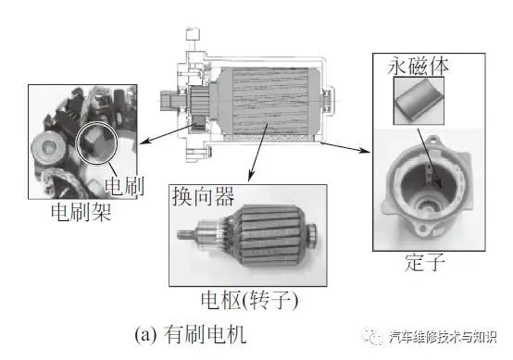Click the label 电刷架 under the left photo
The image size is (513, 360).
(x=81, y=212)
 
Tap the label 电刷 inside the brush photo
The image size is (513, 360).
(x=124, y=186)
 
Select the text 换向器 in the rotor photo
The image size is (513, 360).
(x=203, y=196)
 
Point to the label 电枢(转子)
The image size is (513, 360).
(x=249, y=300)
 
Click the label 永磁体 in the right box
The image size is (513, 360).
(x=418, y=67)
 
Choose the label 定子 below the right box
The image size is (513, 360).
(x=424, y=262)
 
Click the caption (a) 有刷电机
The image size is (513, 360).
(x=190, y=334)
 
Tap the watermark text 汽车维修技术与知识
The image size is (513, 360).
(x=443, y=337)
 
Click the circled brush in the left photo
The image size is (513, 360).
(x=95, y=142)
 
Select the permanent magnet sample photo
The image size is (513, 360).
(x=419, y=101)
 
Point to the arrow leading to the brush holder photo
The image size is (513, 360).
(x=166, y=133)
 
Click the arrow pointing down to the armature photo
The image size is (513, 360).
(x=258, y=152)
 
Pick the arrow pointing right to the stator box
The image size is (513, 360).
(x=344, y=147)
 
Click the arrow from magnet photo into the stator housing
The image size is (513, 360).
(x=429, y=159)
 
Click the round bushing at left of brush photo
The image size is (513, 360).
(x=48, y=147)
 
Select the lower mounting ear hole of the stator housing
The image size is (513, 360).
(x=422, y=228)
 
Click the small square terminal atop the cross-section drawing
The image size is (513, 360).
(x=193, y=34)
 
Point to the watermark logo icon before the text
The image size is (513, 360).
(x=374, y=337)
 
